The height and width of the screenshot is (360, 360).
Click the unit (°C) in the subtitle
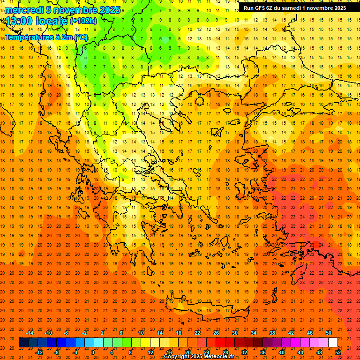81,37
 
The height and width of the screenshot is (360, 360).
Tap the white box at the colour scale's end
333,343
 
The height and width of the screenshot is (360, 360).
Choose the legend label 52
338,352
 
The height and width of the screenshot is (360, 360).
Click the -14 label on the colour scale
30,332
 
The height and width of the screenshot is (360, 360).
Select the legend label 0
93,352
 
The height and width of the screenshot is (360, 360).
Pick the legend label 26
216,332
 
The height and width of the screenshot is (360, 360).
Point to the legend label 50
329,332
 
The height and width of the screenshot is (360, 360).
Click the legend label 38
272,332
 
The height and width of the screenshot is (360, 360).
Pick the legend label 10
141,332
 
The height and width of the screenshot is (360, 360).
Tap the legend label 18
179,332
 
